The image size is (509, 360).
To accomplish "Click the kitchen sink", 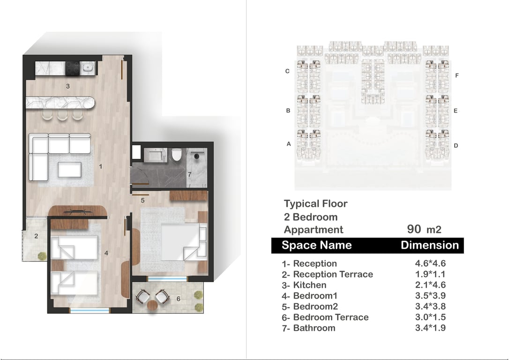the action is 88,68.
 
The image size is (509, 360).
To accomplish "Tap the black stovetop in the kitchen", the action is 73,68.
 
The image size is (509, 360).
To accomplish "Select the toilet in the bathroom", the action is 176,155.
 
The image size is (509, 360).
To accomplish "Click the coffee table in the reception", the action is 69,170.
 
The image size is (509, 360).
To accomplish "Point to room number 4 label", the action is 106,253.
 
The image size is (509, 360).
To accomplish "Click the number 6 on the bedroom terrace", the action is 178,298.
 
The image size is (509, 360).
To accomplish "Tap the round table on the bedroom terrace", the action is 152,306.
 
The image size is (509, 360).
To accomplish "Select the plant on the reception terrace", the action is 42,256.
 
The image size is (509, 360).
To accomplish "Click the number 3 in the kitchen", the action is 68,86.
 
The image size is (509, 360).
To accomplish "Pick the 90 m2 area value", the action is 424,229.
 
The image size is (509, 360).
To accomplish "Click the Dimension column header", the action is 430,245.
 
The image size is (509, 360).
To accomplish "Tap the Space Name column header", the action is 316,245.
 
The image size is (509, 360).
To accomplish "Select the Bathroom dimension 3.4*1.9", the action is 430,328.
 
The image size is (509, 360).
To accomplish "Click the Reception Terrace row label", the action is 327,274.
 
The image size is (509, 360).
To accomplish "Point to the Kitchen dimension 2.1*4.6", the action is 430,285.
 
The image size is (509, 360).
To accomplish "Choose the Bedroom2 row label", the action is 310,307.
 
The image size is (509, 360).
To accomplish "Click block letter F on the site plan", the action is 457,75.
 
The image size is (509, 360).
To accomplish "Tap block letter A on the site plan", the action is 289,144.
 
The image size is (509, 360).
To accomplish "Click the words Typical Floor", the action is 315,203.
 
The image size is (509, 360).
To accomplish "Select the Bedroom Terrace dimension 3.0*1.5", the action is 430,317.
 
